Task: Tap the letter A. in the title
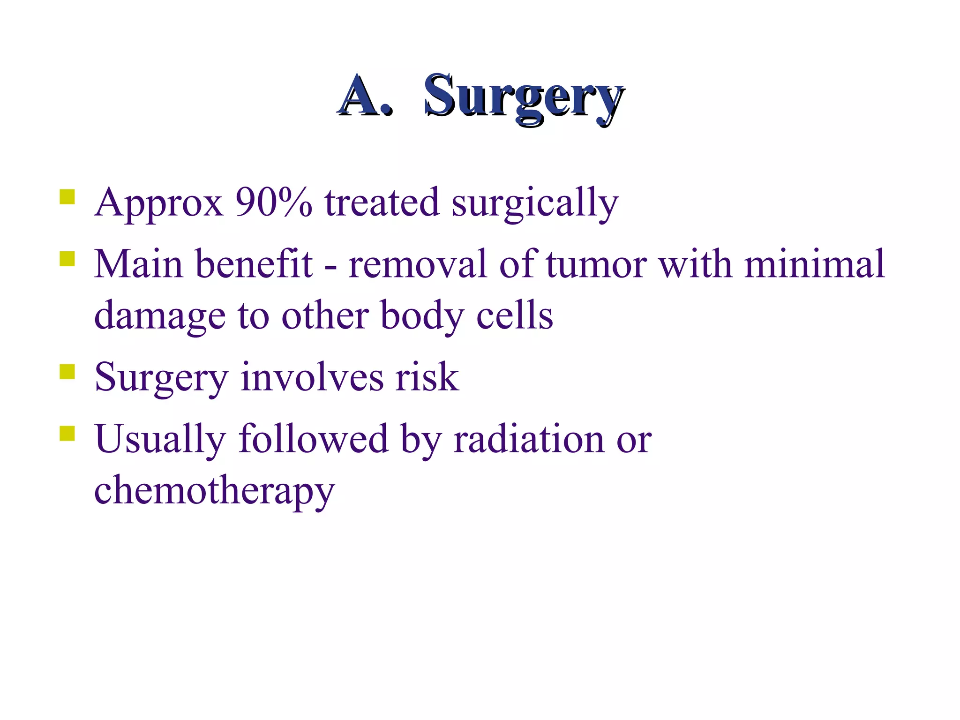(x=365, y=97)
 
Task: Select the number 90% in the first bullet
(x=274, y=203)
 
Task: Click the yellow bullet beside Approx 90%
(x=67, y=197)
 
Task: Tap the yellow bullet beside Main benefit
(x=67, y=259)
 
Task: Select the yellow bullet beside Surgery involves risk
(x=67, y=372)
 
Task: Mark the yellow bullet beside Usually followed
(x=67, y=434)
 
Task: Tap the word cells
(x=515, y=315)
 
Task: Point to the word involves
(x=312, y=377)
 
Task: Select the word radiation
(x=529, y=440)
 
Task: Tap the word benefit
(x=254, y=264)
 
